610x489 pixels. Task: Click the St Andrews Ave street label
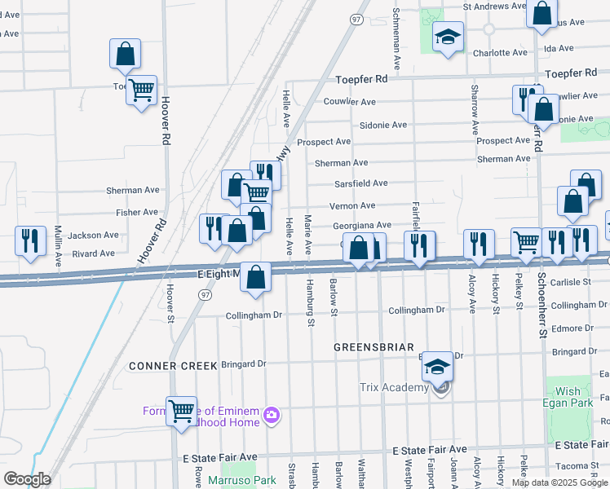495,7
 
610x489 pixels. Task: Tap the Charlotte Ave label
501,53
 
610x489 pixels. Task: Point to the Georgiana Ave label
362,226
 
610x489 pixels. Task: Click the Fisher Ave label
137,213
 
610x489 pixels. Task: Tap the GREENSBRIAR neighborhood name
374,347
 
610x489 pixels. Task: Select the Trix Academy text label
394,387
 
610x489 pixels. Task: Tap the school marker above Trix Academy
437,368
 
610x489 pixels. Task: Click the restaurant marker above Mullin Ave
30,240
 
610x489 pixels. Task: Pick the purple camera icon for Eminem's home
272,416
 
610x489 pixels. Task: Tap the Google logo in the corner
28,479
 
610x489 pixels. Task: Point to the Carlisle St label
571,282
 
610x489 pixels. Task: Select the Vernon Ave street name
352,206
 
